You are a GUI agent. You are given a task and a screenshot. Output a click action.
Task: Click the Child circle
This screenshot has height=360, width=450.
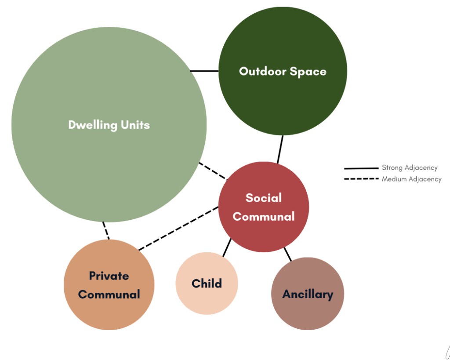pyautogui.click(x=207, y=284)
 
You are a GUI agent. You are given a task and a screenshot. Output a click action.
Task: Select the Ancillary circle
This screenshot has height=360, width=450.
pyautogui.click(x=307, y=294)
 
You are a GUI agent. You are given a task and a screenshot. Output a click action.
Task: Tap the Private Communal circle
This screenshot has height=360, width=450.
pyautogui.click(x=109, y=285)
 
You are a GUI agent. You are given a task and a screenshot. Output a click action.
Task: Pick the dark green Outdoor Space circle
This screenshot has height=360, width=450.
pyautogui.click(x=283, y=71)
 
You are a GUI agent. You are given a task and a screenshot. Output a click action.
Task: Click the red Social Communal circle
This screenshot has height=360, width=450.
pyautogui.click(x=264, y=207)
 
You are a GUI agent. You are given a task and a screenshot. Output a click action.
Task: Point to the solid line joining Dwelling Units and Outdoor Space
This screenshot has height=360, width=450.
pyautogui.click(x=204, y=71)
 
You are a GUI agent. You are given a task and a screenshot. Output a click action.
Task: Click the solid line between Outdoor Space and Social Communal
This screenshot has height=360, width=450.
pyautogui.click(x=280, y=149)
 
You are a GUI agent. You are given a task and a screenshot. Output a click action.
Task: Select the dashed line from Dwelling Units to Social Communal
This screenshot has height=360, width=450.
pyautogui.click(x=213, y=171)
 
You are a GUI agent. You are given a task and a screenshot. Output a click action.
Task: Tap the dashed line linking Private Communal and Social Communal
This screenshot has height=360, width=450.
pyautogui.click(x=178, y=228)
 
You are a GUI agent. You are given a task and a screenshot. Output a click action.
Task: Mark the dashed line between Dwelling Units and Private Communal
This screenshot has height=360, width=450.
pyautogui.click(x=106, y=230)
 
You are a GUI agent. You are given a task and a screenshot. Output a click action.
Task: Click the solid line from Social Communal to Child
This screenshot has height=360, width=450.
pyautogui.click(x=227, y=247)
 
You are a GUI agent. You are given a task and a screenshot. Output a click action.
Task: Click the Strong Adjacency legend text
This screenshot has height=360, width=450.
pyautogui.click(x=410, y=167)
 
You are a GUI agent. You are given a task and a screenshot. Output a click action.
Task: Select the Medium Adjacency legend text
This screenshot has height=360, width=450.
pyautogui.click(x=411, y=179)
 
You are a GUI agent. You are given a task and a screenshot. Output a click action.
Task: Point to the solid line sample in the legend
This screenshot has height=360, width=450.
pyautogui.click(x=361, y=168)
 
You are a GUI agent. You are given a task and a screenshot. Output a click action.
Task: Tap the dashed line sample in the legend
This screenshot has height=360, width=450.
pyautogui.click(x=361, y=179)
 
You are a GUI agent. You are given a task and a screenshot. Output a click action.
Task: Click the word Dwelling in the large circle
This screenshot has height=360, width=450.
pyautogui.click(x=93, y=125)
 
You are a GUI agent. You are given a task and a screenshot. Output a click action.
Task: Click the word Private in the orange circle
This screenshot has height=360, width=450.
pyautogui.click(x=109, y=276)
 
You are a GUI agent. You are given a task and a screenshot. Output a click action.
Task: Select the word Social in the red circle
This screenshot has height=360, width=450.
pyautogui.click(x=264, y=198)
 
